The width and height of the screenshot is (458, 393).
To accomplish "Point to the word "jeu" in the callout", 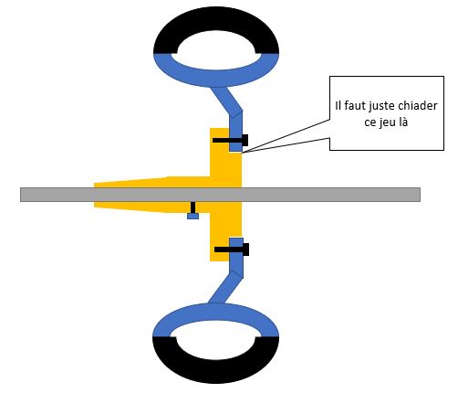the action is pos(385,122).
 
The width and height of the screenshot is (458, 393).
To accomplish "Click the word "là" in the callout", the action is pos(401,122).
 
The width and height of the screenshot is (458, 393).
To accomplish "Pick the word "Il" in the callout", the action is pos(338,106).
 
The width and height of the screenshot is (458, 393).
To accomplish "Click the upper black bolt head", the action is pos(245,141).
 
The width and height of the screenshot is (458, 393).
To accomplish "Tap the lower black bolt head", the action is pos(245,250).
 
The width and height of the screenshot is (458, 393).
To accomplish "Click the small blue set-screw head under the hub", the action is pos(193,216).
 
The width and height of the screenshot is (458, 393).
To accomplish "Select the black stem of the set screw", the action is pos(193,207).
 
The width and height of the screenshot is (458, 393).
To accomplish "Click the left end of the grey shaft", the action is pos(21,195).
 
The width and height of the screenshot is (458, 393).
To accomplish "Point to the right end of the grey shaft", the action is pos(420,195).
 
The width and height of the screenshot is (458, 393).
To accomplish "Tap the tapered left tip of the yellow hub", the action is pos(95,196).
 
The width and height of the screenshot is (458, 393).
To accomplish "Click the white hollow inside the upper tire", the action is pos(216,48).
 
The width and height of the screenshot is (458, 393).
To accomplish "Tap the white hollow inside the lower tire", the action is pos(215,341).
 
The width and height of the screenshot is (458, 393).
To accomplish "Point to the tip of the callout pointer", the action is pos(243,153).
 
